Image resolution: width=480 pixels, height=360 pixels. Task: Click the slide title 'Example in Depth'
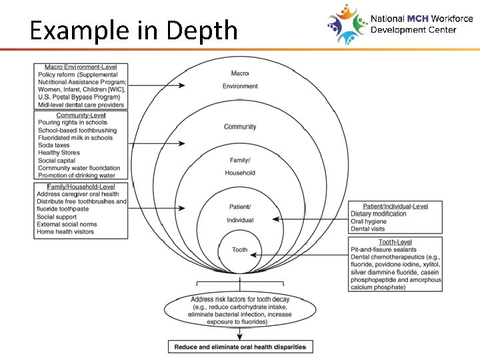point(133,30)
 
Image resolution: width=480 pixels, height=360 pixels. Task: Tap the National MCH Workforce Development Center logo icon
point(347,24)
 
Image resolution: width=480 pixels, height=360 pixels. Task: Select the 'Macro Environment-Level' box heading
point(81,67)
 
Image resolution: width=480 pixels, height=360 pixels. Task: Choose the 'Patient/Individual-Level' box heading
point(395,206)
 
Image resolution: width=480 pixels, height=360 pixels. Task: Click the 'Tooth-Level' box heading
point(395,242)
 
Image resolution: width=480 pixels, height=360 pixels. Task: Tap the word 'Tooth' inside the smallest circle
point(240,250)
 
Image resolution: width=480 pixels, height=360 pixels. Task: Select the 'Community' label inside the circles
point(240,127)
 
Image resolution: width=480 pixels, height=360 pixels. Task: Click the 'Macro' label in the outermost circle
point(240,73)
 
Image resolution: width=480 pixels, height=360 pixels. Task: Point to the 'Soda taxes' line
point(54,145)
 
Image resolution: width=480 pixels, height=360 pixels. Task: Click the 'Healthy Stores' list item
point(59,153)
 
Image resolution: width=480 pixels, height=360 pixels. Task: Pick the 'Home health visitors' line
point(65,232)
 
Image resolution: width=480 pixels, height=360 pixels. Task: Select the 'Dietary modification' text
point(378,214)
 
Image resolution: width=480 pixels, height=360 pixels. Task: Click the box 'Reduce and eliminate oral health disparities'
point(240,347)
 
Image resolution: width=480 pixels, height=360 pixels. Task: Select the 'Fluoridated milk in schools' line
point(75,138)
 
